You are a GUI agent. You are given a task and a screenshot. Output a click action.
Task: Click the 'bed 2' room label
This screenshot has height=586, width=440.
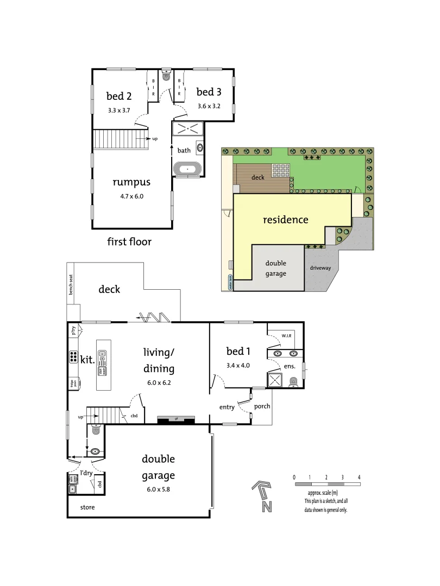119,96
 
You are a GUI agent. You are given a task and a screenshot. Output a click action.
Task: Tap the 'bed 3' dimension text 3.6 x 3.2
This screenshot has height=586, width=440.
209,106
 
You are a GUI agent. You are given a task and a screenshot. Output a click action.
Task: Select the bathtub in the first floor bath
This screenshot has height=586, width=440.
188,169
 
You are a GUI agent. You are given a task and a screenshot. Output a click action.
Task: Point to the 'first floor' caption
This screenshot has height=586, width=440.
129,241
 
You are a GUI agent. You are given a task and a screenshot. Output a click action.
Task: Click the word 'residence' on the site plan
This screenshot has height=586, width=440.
286,220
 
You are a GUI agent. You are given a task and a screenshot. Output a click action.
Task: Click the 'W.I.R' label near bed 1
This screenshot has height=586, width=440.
286,336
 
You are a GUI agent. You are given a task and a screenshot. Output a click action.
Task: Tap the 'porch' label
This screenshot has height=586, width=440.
262,406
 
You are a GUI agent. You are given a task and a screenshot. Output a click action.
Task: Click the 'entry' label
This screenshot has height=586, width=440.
227,407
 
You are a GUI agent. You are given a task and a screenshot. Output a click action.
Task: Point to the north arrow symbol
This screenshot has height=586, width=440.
263,495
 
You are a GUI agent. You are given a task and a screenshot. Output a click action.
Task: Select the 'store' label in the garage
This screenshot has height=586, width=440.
88,508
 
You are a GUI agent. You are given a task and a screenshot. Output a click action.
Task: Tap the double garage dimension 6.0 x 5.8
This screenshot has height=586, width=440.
158,488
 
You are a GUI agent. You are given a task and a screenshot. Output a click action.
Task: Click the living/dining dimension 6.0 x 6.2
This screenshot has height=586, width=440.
158,382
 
